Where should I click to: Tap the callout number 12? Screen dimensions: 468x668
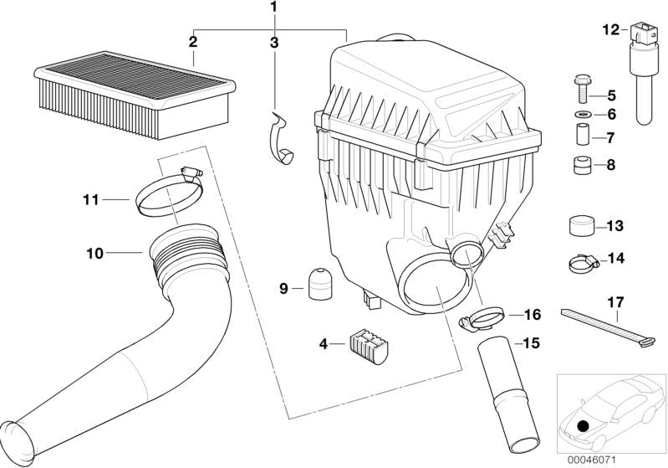pos(610,30)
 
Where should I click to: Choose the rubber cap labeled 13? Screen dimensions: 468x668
pos(579,226)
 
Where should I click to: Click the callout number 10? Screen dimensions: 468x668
pos(94,252)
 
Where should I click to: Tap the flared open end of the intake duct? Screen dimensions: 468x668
pos(18,439)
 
